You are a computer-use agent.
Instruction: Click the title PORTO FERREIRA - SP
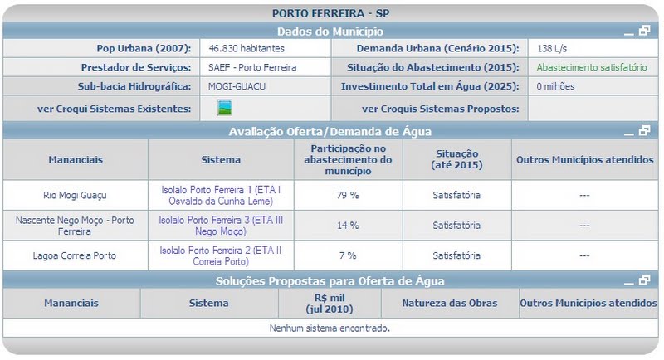tap(330, 13)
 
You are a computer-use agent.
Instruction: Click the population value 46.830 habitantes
tap(247, 49)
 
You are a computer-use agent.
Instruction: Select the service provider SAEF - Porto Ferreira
tap(252, 67)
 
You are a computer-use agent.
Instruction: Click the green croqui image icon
tap(225, 107)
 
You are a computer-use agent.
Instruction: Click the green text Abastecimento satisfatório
tap(590, 67)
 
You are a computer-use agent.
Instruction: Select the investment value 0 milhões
tap(556, 85)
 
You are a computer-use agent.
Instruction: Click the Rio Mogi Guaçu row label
tap(75, 196)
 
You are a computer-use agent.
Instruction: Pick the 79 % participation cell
tap(349, 196)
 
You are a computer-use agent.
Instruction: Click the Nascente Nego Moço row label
tap(75, 226)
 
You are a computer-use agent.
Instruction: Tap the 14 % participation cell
tap(349, 226)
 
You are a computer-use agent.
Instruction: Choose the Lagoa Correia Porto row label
tap(75, 255)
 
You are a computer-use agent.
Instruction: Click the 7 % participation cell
tap(349, 255)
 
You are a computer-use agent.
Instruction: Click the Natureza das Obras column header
tap(450, 304)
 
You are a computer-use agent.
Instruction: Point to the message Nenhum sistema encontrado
tap(330, 328)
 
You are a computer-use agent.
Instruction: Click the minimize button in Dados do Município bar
tap(630, 32)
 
